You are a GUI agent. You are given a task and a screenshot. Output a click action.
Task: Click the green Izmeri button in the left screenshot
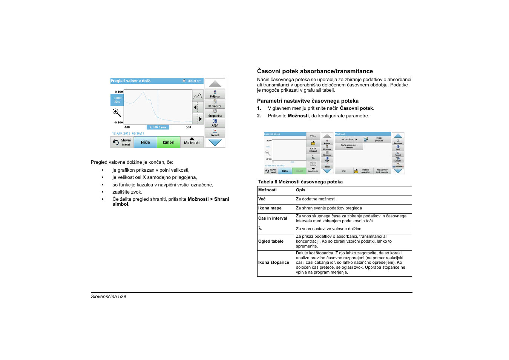coord(169,142)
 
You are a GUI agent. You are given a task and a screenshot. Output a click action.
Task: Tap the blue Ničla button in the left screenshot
coord(145,142)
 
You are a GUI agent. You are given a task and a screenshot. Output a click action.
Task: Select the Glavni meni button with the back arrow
coord(122,142)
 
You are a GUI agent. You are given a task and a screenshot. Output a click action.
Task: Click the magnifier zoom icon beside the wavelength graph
coord(117,112)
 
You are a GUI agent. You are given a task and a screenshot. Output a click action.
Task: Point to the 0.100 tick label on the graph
coord(119,92)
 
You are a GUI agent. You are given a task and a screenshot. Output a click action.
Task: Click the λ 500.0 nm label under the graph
coord(158,127)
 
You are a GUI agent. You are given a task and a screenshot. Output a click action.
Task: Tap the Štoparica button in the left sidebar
coord(215,113)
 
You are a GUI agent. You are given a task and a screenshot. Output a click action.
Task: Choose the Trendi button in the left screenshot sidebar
coord(215,133)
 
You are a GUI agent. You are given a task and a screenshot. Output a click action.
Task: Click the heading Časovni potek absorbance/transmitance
coord(315,71)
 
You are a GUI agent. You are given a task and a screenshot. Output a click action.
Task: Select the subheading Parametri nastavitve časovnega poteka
coord(308,101)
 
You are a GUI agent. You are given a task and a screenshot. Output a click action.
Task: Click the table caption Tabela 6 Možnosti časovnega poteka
coord(300,182)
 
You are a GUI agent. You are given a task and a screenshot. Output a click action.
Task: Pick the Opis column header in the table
coord(300,190)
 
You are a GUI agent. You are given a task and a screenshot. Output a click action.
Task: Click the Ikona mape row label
coord(270,208)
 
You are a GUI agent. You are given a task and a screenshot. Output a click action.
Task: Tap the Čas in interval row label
coord(273,218)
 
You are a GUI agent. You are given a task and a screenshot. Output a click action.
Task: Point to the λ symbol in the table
coord(260,229)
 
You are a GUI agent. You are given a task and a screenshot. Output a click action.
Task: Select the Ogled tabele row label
coord(271,242)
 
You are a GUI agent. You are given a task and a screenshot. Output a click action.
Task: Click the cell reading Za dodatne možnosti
coord(316,199)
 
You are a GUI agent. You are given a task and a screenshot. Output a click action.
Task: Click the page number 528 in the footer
coord(122,297)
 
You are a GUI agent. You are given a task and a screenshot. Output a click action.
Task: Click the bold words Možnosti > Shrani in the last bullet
coord(208,199)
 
